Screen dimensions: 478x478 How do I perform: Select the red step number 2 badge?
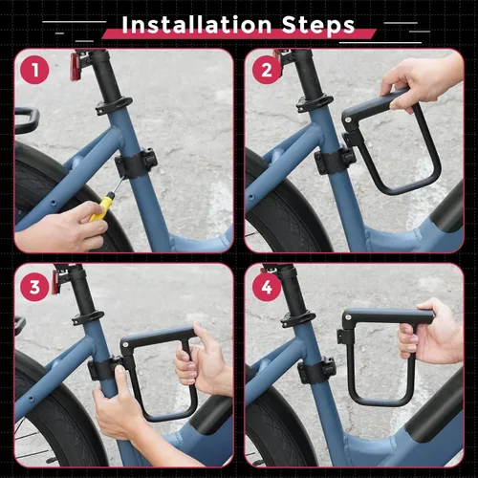point(267,71)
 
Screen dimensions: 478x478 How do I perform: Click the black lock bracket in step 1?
point(138,163)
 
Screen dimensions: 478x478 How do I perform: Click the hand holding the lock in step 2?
point(421,81)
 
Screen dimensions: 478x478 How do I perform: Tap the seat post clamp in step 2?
point(312,101)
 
